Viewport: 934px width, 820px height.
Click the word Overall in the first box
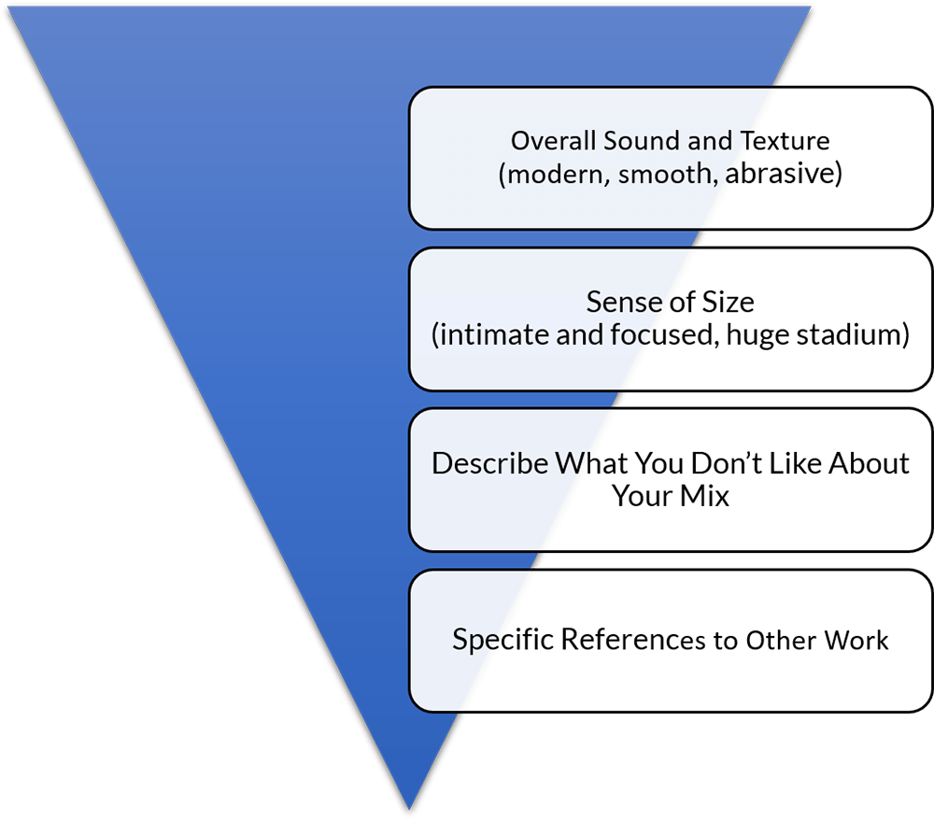coord(553,140)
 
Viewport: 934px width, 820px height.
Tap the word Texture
coord(785,140)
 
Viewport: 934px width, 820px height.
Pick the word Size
coord(729,302)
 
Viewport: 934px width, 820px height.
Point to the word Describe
coord(489,463)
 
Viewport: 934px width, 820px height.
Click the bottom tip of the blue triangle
coord(409,810)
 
